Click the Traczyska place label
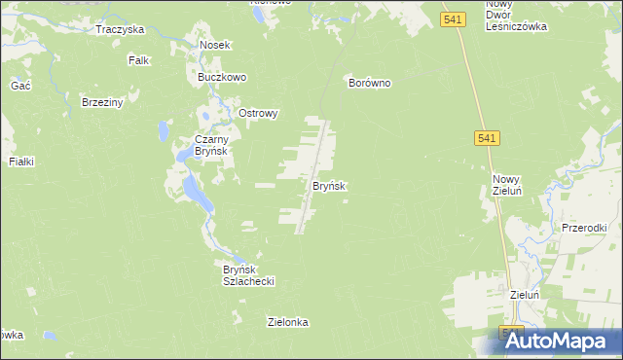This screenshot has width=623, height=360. [x=120, y=29]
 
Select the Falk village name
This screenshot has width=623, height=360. [x=138, y=60]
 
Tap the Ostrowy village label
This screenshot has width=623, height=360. [x=258, y=113]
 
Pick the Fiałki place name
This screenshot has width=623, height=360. [x=21, y=162]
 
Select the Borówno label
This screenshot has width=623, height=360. [x=370, y=84]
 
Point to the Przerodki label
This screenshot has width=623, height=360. [x=585, y=227]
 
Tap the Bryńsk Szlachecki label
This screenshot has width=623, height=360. [x=249, y=274]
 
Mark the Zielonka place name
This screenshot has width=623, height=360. [x=288, y=321]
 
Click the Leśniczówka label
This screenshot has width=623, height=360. [x=516, y=27]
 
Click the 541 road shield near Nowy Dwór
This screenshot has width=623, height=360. [x=451, y=18]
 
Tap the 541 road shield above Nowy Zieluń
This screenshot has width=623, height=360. [x=489, y=140]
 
